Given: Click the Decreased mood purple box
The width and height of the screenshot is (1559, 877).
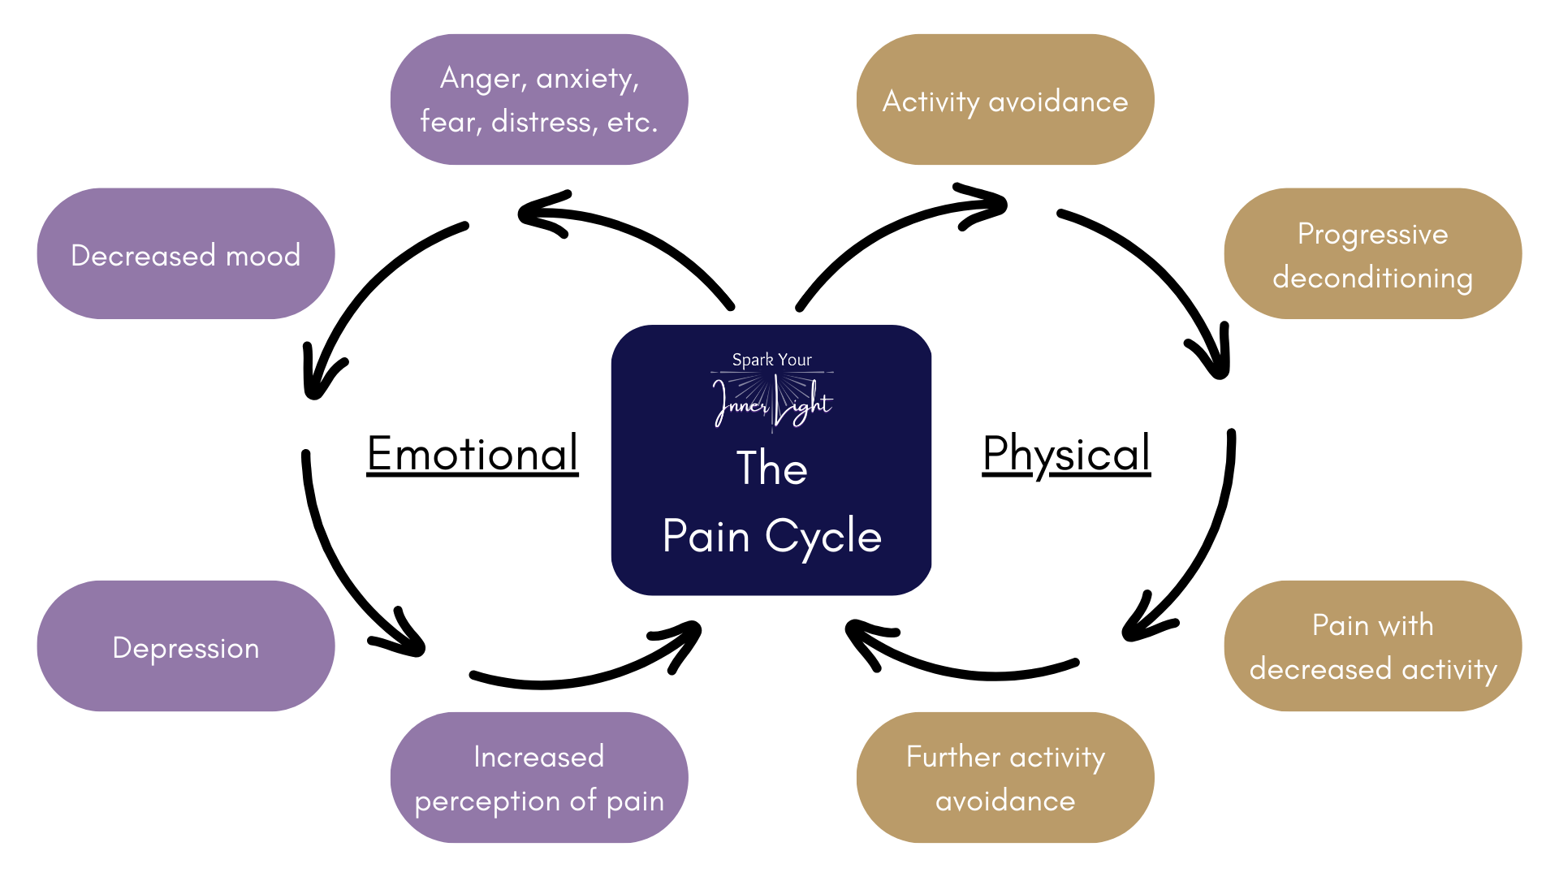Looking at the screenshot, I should coord(185,254).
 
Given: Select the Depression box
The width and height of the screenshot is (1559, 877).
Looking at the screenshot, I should coord(185,646).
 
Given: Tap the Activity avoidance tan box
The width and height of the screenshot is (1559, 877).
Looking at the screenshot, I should coord(1005,101).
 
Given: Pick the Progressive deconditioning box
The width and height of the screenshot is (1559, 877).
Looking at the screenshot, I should coord(1372,254).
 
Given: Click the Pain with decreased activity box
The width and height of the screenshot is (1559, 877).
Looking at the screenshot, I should coord(1372,646).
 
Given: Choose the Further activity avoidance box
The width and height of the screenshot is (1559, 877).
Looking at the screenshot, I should coord(1005,778).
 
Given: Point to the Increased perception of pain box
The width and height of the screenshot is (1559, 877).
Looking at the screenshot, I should coord(539,778).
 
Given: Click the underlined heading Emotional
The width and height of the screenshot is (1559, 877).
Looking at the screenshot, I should coord(473,453).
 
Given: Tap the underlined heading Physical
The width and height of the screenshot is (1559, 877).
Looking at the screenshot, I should coord(1066,453).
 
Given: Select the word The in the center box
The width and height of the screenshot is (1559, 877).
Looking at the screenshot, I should coord(771,469).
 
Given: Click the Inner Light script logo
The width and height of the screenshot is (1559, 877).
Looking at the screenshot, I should coord(771,402).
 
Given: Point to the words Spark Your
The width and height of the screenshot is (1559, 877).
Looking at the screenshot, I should coord(771,360).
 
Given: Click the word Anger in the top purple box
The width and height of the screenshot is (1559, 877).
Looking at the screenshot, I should coord(481,79).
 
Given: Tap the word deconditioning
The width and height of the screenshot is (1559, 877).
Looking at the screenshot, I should coord(1372,278).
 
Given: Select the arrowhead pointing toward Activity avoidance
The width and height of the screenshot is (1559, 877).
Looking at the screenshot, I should coord(987,206).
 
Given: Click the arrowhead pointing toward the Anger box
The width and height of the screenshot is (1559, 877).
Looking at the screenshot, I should coord(540,214).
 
